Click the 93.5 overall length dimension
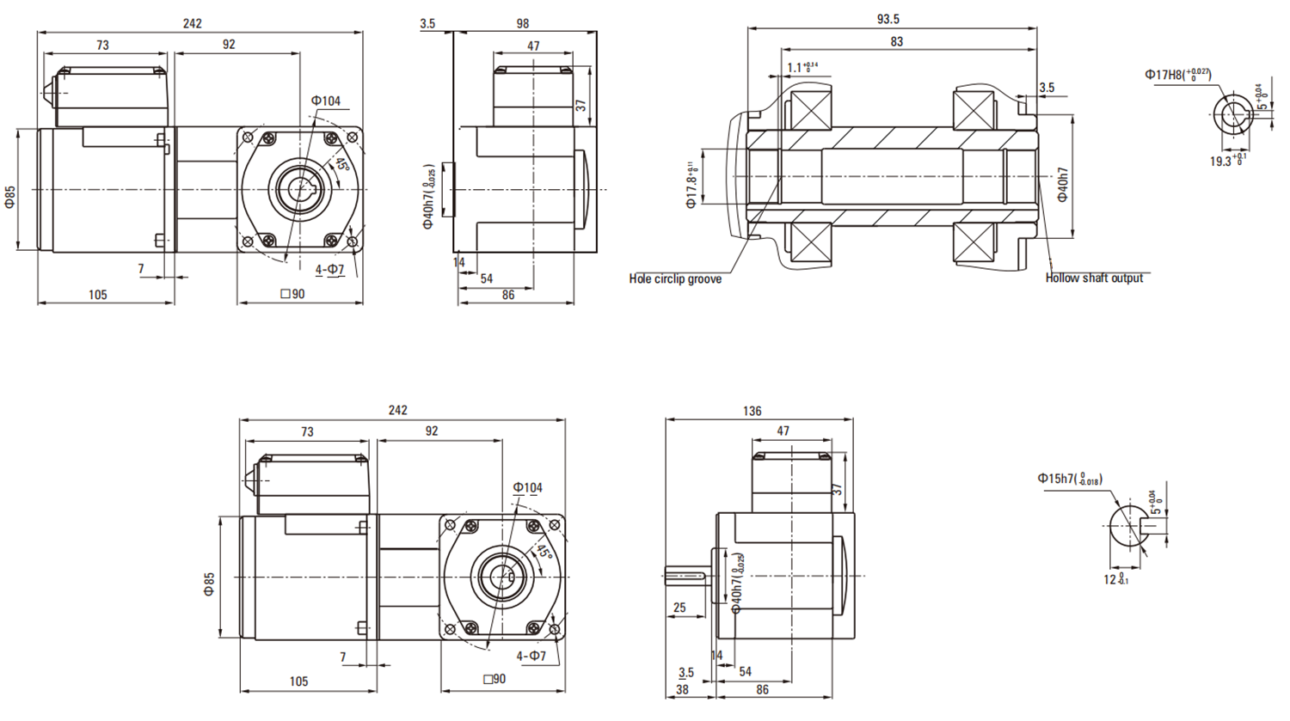pos(888,19)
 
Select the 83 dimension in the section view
pos(897,41)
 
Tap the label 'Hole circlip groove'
pos(675,278)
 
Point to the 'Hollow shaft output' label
pos(1094,278)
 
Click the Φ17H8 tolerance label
pos(1177,75)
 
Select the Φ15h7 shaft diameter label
pos(1069,479)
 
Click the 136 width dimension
pos(752,411)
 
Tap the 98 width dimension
pos(523,23)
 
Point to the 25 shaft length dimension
pos(679,607)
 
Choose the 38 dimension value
pos(682,689)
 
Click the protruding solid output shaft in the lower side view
pos(685,575)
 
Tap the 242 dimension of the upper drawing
pos(192,23)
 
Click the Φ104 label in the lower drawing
pos(528,487)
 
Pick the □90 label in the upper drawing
pos(292,294)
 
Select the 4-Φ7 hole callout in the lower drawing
pos(531,656)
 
